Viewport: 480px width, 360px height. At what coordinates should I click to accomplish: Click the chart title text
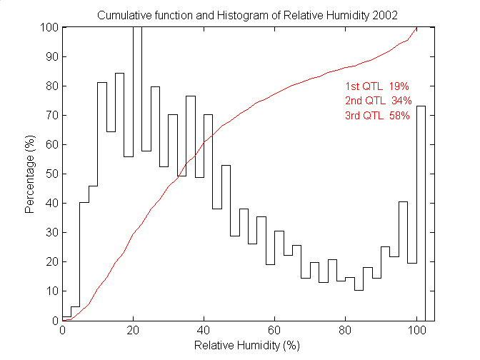[x=247, y=15]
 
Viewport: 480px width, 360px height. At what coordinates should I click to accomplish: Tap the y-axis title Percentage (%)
[x=31, y=174]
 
